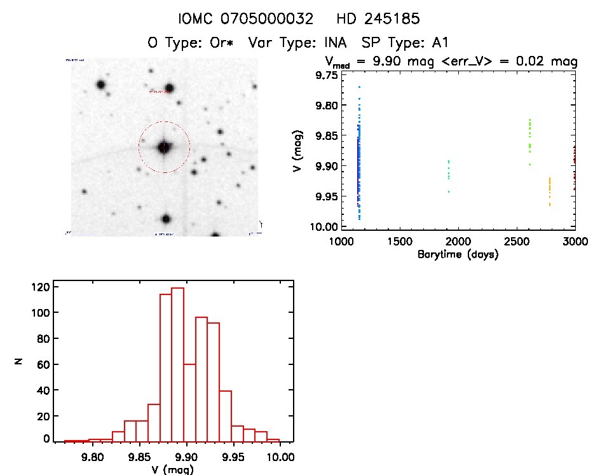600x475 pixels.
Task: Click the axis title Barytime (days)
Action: [x=458, y=254]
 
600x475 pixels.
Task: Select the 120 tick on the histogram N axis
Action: [x=39, y=287]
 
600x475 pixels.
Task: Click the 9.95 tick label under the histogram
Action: [x=233, y=457]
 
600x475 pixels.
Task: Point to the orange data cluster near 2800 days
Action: [x=550, y=191]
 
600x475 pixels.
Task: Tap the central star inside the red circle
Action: [x=164, y=147]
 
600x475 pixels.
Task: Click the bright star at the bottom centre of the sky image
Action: [x=166, y=219]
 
